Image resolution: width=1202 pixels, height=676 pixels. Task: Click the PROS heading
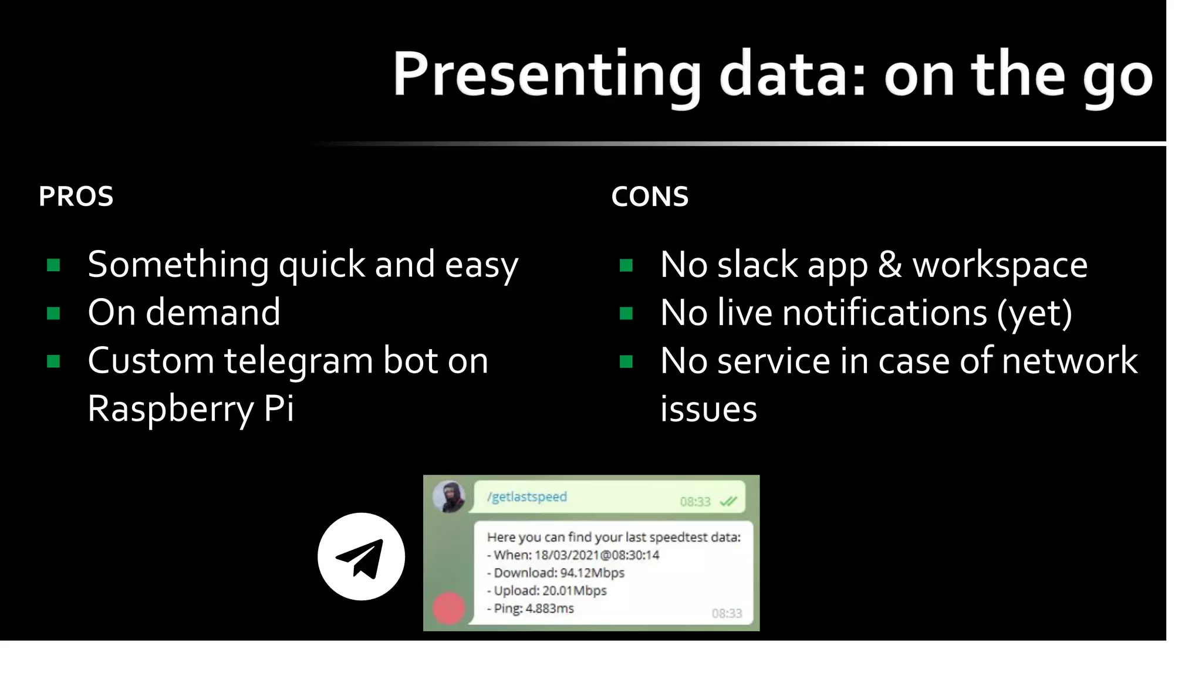coord(76,196)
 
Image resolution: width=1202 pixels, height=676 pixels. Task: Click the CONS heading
coord(650,196)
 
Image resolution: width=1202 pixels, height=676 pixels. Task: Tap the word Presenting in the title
coord(546,75)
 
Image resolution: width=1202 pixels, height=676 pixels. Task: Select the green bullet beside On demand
coord(53,313)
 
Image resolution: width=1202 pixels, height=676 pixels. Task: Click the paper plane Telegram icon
coord(361,556)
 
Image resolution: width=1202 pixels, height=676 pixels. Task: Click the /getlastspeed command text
coord(527,497)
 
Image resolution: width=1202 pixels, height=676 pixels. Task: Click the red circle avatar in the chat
coord(449,608)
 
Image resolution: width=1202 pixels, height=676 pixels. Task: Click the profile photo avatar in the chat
coord(449,496)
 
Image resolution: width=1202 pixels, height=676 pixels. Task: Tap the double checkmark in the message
coord(728,501)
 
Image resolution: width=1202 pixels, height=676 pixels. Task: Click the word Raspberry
coord(170,408)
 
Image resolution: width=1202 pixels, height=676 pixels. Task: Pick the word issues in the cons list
coord(708,408)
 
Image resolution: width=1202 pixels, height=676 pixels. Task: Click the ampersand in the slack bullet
coord(890,265)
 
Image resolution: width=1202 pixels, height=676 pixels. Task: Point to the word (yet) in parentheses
coord(1035,313)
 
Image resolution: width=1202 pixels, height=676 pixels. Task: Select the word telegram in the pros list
coord(298,361)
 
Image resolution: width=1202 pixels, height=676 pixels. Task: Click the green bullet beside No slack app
coord(626,265)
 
